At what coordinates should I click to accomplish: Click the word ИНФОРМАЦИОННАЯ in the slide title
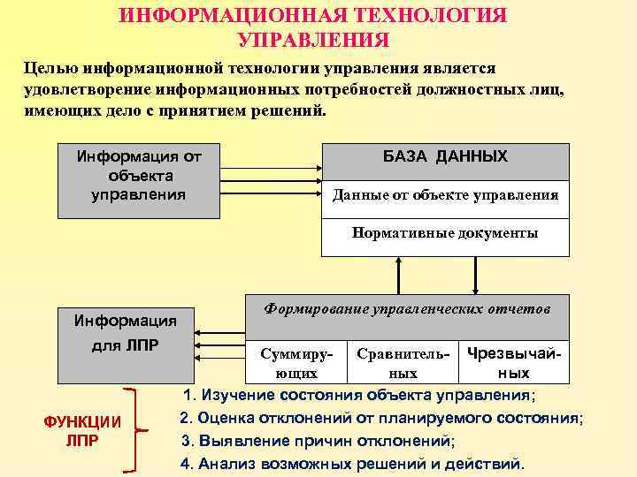pos(232,17)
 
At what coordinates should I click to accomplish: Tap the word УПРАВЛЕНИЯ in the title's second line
pos(312,41)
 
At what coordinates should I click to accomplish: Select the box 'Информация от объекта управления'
pos(139,179)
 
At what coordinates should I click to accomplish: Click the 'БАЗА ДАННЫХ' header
pos(445,157)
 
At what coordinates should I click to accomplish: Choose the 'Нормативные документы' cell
pos(445,234)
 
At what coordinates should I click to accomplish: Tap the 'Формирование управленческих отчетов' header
pos(407,310)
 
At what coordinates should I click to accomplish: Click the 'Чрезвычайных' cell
pos(514,362)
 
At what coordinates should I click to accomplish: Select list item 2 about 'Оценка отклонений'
pos(380,417)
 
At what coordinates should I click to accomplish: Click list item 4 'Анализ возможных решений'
pos(352,462)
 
